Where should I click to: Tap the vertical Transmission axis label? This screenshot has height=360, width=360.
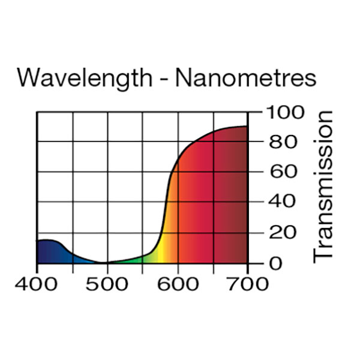pos(323,186)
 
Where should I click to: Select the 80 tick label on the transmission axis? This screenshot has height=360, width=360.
pos(280,142)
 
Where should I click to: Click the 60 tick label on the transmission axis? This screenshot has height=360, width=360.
pos(280,172)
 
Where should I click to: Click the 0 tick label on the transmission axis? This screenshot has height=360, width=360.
pos(274,263)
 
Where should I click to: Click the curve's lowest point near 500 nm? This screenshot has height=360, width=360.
pos(105,263)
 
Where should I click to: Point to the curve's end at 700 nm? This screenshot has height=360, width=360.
pos(247,126)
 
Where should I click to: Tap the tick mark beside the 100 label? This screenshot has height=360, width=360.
pos(255,112)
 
